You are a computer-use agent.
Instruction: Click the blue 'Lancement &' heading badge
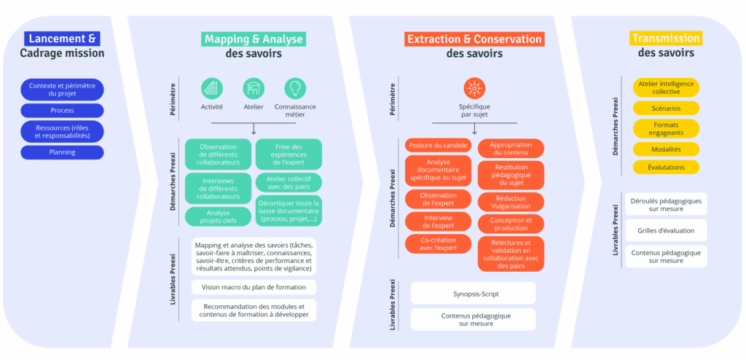click(x=61, y=39)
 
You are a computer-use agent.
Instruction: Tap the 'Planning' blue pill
click(x=62, y=152)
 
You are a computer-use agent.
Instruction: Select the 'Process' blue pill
click(x=62, y=110)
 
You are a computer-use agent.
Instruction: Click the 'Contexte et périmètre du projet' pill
click(x=62, y=90)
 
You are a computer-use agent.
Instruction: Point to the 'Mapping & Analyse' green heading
click(x=253, y=39)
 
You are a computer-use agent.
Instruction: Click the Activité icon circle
click(x=212, y=89)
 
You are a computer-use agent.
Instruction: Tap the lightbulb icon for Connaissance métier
click(x=295, y=89)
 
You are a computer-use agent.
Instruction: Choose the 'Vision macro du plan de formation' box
click(x=254, y=287)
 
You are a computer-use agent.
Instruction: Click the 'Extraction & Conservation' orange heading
click(x=474, y=39)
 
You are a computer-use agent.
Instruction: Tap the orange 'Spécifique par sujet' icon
click(x=475, y=89)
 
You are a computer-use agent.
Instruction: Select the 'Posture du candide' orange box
click(x=438, y=145)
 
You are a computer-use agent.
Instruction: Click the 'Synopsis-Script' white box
click(x=473, y=293)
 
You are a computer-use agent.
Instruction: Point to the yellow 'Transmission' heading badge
click(x=665, y=39)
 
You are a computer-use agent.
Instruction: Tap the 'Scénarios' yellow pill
click(x=666, y=109)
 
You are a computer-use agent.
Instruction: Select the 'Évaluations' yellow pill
click(x=666, y=167)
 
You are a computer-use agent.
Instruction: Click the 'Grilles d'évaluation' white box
click(x=666, y=230)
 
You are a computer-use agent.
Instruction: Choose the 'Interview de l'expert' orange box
click(x=438, y=222)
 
